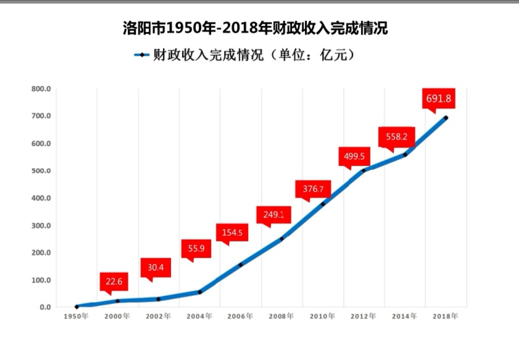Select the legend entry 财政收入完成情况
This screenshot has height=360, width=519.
[x=245, y=55]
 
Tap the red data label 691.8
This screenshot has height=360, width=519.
[x=439, y=98]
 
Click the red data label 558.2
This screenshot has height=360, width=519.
[x=397, y=137]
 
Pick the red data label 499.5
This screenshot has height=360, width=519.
[x=354, y=156]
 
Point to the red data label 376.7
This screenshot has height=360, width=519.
[x=313, y=188]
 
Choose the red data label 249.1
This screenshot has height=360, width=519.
[x=273, y=214]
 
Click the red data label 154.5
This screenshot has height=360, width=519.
[x=232, y=233]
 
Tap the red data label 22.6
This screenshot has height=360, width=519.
[x=114, y=282]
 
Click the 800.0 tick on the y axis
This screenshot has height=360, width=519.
[x=41, y=89]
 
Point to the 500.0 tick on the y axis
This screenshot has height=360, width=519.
[x=41, y=171]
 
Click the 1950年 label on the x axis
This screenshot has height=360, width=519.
[x=77, y=316]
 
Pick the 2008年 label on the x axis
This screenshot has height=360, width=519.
[x=281, y=316]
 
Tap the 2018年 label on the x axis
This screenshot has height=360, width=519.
[x=446, y=316]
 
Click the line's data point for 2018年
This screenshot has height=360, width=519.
[x=446, y=118]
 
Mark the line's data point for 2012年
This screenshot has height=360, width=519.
[x=363, y=170]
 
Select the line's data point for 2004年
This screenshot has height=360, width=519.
[x=199, y=291]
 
